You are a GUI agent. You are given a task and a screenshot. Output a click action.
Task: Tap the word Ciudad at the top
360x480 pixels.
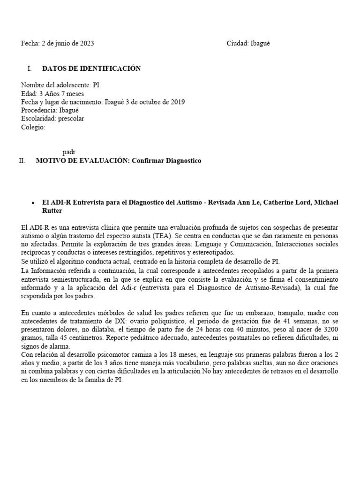tap(237, 44)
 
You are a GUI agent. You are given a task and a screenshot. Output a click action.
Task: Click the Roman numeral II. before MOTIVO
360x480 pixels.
tap(22, 161)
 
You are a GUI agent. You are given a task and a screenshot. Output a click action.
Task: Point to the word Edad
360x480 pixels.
tap(28, 93)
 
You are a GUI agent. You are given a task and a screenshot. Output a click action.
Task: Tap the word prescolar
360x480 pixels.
tap(71, 119)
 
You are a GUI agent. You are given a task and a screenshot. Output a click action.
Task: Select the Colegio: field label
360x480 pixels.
tap(33, 127)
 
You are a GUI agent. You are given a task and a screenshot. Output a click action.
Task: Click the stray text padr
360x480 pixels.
tap(69, 152)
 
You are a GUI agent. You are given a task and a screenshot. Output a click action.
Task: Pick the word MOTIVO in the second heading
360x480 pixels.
tap(51, 161)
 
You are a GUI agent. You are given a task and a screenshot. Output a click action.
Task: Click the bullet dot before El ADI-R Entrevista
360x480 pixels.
tap(32, 202)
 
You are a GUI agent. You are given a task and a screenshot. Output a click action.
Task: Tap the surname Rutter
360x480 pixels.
tap(52, 210)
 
